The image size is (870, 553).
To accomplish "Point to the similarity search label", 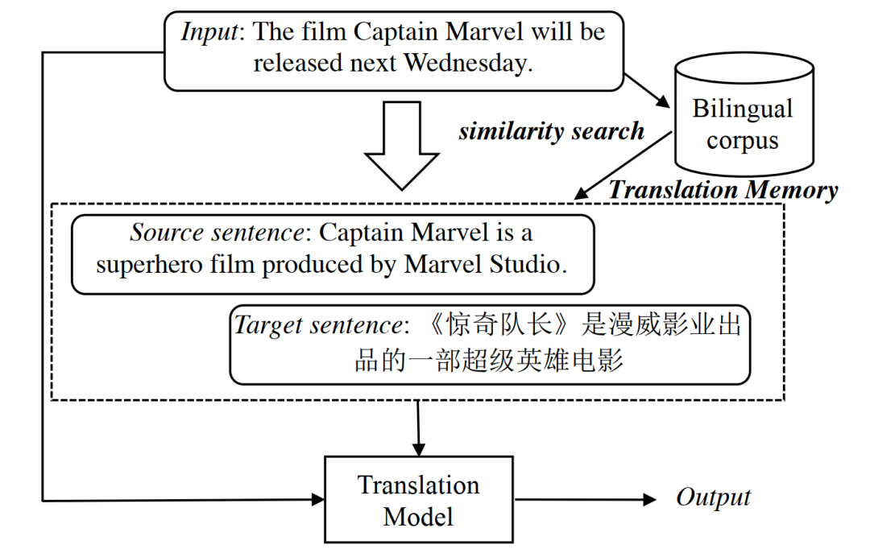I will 551,131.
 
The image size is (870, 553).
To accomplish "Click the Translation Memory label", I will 723,190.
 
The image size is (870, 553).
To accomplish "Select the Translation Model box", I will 418,500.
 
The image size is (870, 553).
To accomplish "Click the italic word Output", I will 712,497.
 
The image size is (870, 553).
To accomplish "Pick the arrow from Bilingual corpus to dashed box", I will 624,166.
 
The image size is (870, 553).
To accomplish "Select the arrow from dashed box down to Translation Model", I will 418,427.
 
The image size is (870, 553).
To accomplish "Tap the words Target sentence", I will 317,326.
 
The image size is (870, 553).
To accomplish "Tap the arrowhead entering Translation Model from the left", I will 317,500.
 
